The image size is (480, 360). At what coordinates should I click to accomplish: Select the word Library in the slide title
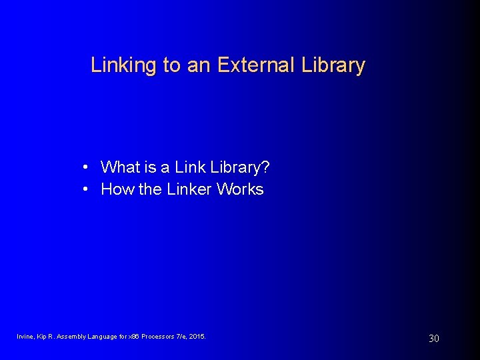point(334,65)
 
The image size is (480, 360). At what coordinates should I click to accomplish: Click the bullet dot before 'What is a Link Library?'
point(87,167)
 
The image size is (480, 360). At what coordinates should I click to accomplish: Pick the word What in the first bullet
point(120,167)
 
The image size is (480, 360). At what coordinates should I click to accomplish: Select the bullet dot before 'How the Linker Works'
point(87,189)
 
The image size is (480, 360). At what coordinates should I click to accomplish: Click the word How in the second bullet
point(117,189)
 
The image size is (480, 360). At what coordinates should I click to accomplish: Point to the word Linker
point(189,189)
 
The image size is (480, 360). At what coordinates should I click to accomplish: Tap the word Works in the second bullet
point(241,189)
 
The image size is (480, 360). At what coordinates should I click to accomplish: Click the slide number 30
point(433,339)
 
